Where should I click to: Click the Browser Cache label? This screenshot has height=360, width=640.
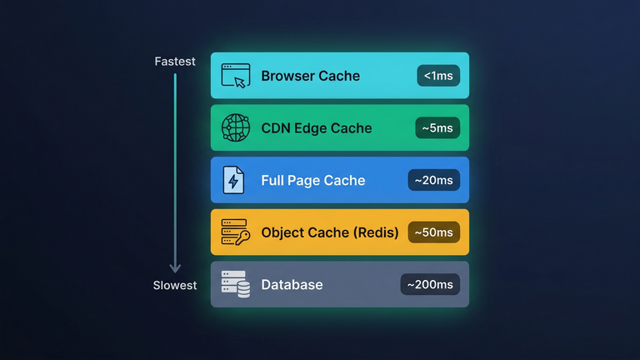click(x=310, y=76)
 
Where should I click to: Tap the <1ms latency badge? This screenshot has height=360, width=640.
click(x=438, y=76)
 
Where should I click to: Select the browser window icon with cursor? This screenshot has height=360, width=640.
click(x=236, y=76)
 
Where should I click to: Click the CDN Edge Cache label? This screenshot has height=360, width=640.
click(x=316, y=128)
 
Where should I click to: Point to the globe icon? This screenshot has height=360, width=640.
click(x=236, y=128)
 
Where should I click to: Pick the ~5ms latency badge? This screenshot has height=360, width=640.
click(x=437, y=128)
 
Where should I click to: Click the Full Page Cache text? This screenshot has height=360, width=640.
click(x=312, y=180)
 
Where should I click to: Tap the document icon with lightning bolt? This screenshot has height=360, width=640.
click(x=234, y=180)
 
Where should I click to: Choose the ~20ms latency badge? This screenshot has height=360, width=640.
click(x=433, y=180)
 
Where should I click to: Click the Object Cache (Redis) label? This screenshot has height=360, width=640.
click(x=330, y=232)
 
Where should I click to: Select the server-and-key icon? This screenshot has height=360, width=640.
click(x=236, y=232)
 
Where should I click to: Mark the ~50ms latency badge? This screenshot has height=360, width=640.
click(x=433, y=232)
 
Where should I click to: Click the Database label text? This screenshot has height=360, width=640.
click(x=292, y=285)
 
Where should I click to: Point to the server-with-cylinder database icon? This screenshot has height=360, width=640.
click(x=236, y=284)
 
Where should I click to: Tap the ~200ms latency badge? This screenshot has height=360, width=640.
click(x=430, y=285)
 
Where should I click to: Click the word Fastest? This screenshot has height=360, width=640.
click(x=175, y=62)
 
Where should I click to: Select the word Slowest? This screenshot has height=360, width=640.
click(x=175, y=286)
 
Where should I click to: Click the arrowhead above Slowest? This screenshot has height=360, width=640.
click(x=175, y=267)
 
